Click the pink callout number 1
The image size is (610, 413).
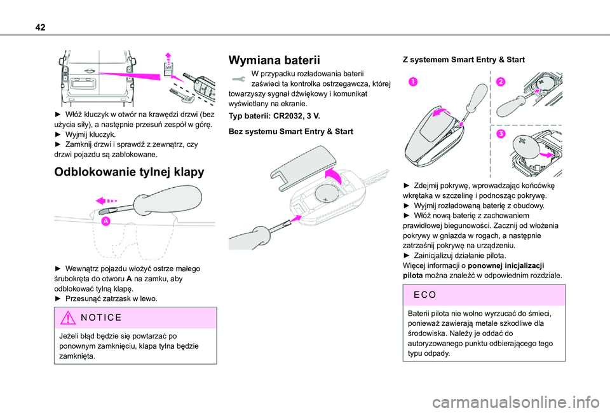[413, 81]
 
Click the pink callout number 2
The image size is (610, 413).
[500, 81]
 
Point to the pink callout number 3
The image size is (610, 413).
[500, 134]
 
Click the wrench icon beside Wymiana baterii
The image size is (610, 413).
[239, 79]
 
